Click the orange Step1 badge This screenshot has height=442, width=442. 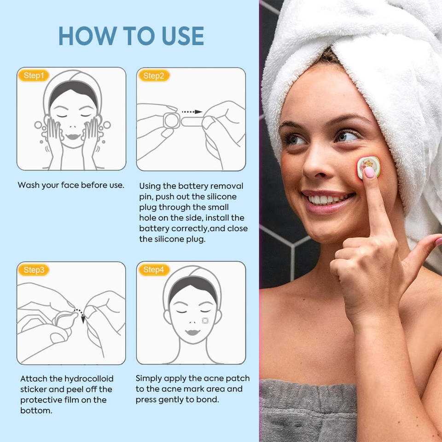(x=34, y=76)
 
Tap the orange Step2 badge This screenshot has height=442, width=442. (x=154, y=76)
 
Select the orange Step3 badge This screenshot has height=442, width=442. (x=34, y=270)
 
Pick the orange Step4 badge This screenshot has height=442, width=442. (x=154, y=270)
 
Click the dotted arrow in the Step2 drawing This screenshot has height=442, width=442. (x=192, y=112)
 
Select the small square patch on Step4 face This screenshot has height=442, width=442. (x=205, y=320)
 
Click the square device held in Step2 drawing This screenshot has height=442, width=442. (x=171, y=121)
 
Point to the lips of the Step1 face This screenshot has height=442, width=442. (x=73, y=137)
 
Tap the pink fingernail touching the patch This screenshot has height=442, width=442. (x=369, y=172)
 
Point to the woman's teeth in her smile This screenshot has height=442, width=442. (x=327, y=199)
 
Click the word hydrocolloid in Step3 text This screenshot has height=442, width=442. (x=89, y=379)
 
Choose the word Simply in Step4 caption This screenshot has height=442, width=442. (x=149, y=378)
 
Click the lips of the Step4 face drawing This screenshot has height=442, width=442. (x=193, y=332)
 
